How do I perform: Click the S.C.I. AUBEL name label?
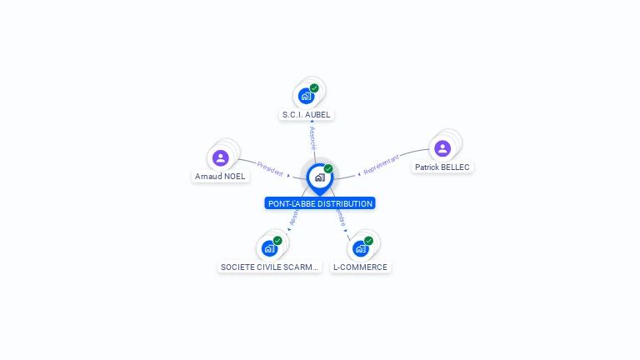307,114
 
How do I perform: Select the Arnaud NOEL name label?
220,177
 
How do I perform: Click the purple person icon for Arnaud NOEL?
220,157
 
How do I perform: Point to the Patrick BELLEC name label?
442,167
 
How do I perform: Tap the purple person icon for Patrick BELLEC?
442,148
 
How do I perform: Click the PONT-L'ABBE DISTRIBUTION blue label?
320,203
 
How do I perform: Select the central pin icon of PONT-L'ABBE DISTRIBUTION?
319,177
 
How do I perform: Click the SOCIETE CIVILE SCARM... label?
269,267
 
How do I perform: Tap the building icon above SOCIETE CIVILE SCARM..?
269,248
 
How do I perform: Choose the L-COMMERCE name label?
360,267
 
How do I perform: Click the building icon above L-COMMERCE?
360,248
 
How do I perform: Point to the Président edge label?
270,168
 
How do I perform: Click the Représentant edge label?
382,164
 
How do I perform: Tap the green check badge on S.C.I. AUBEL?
314,87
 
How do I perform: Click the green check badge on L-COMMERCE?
368,241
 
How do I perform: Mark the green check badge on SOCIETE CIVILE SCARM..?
277,241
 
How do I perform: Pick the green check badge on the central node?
328,169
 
